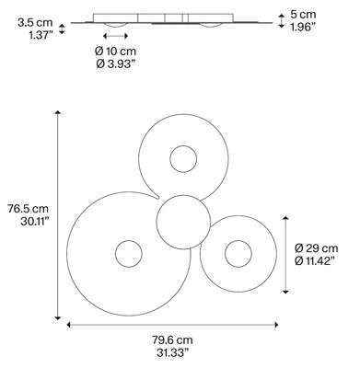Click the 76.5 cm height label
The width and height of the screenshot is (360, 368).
point(29,209)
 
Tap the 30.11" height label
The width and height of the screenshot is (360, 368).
point(34,222)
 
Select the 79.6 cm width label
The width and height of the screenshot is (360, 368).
point(172,340)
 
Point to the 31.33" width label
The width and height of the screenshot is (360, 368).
point(172,352)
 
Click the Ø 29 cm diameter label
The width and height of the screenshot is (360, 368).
point(317,247)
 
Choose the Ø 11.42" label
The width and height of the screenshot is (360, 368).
point(315,261)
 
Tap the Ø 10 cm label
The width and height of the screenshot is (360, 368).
point(115,51)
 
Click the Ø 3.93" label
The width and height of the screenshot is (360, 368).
point(116,63)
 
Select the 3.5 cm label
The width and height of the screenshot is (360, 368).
point(35,22)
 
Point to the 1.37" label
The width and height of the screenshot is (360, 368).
point(41,35)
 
